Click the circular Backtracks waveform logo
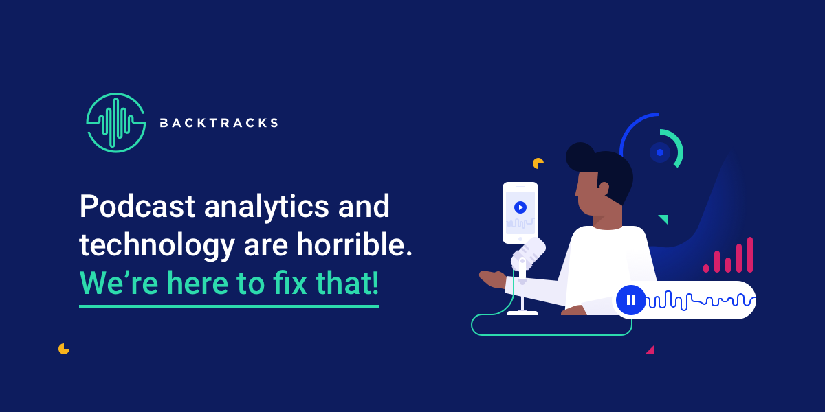click(x=116, y=122)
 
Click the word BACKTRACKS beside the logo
click(x=219, y=123)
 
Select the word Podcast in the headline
click(x=137, y=206)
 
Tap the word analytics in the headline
click(x=266, y=208)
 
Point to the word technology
click(x=157, y=247)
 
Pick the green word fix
click(x=290, y=282)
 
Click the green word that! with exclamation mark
click(x=347, y=282)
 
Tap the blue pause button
click(x=631, y=300)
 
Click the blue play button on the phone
click(x=520, y=207)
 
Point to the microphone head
click(x=528, y=253)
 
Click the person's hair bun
click(x=580, y=157)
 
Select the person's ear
click(x=604, y=188)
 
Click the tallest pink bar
click(x=750, y=255)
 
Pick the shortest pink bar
click(x=706, y=268)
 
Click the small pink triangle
click(x=650, y=350)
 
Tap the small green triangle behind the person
click(x=663, y=218)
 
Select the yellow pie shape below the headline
click(x=64, y=349)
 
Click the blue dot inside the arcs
click(x=660, y=152)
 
